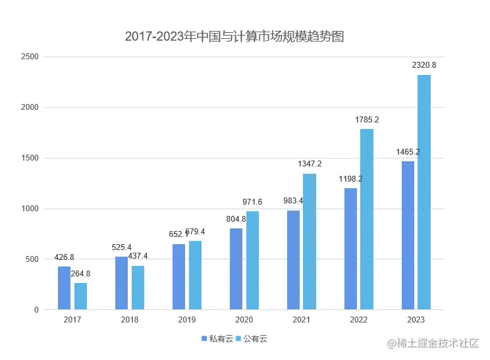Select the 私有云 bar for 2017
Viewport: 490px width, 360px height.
tap(64, 288)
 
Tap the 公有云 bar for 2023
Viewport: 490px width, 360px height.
tap(424, 192)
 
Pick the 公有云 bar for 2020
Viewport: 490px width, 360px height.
tap(252, 260)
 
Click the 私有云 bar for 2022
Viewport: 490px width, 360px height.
tap(350, 249)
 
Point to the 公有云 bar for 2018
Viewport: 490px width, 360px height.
tap(138, 288)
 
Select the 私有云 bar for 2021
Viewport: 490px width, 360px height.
tap(293, 260)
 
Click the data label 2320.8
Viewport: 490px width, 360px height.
tap(424, 65)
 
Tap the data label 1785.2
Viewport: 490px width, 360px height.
tap(367, 120)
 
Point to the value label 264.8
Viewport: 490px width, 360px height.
tap(80, 274)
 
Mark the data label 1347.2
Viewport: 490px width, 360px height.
tap(310, 164)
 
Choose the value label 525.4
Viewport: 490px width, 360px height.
tap(121, 247)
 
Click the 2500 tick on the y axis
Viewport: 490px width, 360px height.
tap(30, 57)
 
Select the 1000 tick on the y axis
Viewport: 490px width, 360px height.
tap(30, 209)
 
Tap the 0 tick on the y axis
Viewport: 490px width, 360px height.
tap(36, 310)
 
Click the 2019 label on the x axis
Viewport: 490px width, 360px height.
tap(187, 319)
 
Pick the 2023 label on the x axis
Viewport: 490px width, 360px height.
tap(416, 319)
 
